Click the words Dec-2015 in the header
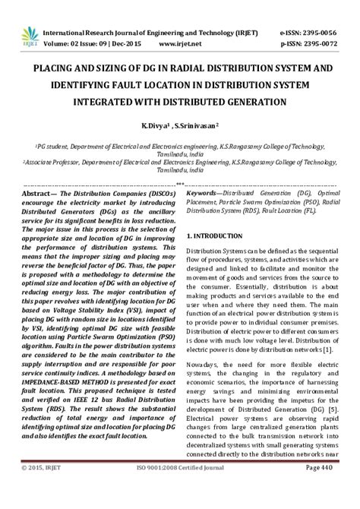[126, 45]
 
